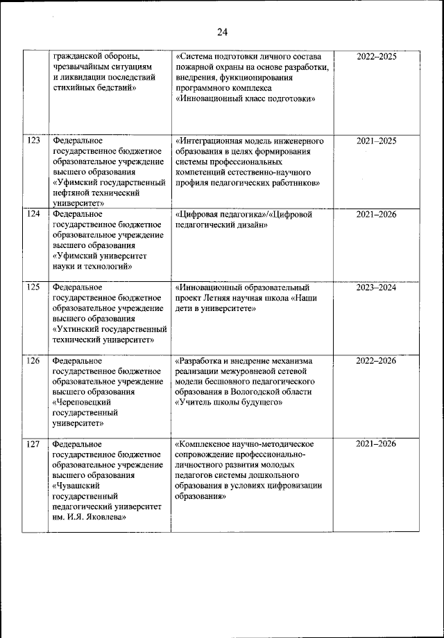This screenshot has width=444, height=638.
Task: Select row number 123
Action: tap(33, 141)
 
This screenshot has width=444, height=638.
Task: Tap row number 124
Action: tap(33, 214)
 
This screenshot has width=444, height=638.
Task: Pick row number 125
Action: tap(33, 287)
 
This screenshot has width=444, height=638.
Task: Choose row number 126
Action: tap(33, 360)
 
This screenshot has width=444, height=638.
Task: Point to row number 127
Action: tap(33, 443)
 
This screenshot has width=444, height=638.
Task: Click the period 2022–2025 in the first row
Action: tap(376, 57)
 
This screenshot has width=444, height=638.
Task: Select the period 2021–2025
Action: tap(376, 141)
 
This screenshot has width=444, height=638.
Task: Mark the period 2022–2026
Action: tap(376, 360)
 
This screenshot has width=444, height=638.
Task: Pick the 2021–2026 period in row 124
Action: tap(376, 214)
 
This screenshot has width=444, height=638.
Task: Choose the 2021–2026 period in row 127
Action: tap(376, 443)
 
